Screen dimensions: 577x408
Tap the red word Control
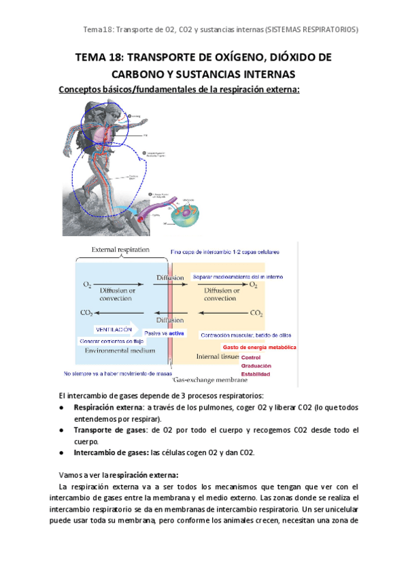(251, 357)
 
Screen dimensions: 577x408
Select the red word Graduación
(256, 365)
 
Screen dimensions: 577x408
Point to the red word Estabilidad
(256, 374)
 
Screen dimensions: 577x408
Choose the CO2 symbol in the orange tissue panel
(256, 314)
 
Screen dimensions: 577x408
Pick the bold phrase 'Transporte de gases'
(105, 431)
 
